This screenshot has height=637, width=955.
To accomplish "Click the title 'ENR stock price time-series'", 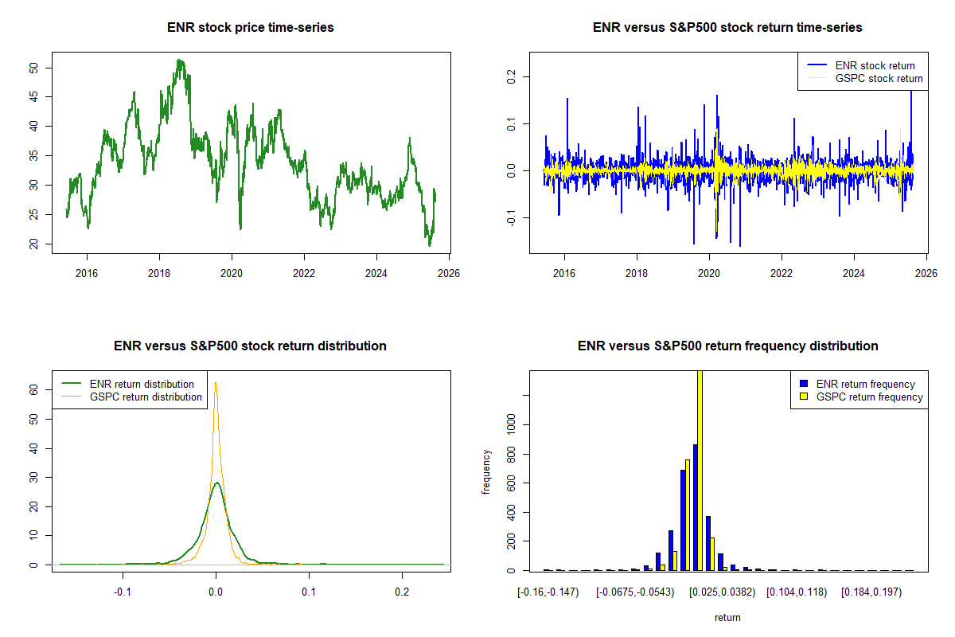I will [250, 28].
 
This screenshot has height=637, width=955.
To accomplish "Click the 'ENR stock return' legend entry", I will [875, 65].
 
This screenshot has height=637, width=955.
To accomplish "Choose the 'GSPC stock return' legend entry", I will [879, 78].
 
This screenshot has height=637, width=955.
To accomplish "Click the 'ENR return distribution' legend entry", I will [142, 384].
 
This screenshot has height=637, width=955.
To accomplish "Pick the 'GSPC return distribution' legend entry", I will [146, 397].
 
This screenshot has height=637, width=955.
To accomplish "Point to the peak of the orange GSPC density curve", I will [215, 382].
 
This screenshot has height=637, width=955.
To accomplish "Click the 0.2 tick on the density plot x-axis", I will [403, 592].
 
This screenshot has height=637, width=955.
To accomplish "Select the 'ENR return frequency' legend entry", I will [865, 384].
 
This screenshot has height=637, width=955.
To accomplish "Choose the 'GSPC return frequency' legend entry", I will [869, 397].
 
